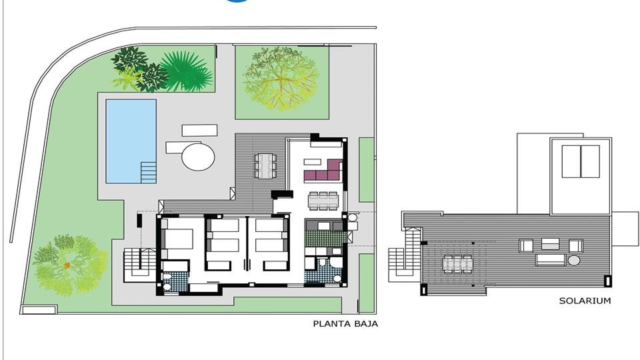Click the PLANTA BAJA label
click(346, 324)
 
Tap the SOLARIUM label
click(585, 301)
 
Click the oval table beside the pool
click(198, 156)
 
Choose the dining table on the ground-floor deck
click(265, 166)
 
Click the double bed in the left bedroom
click(177, 239)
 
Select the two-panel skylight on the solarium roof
click(581, 161)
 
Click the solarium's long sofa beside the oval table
click(551, 260)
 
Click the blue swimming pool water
click(131, 141)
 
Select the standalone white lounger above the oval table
click(200, 130)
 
